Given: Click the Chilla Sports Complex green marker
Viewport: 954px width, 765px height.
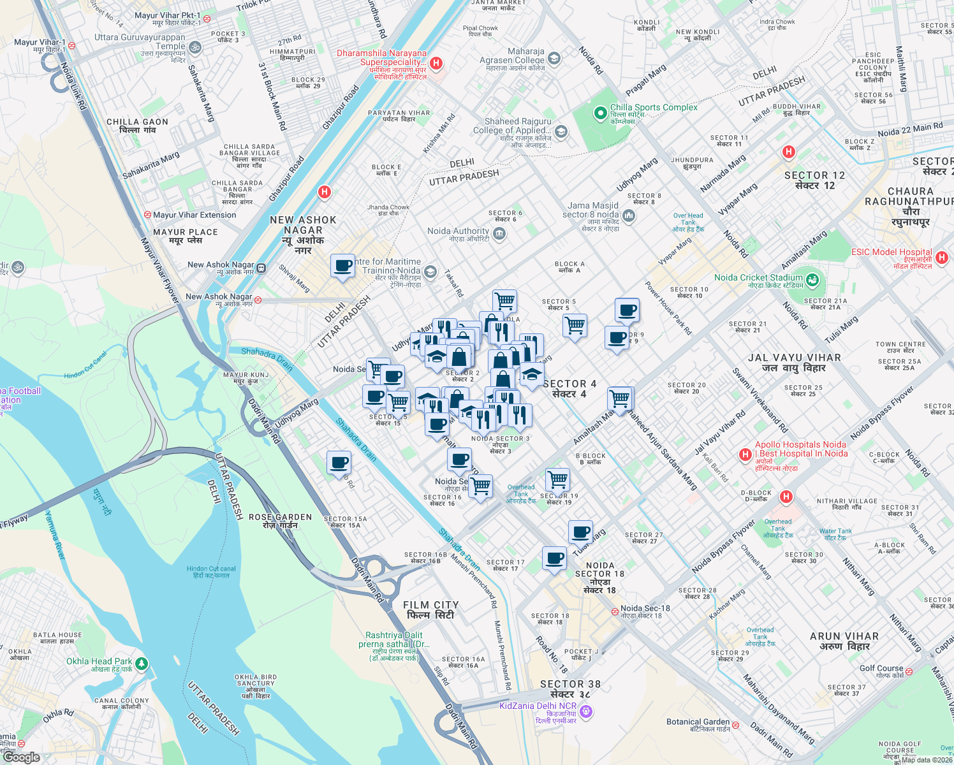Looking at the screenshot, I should [x=599, y=113].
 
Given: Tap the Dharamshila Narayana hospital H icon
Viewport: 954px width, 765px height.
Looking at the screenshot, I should [x=436, y=63].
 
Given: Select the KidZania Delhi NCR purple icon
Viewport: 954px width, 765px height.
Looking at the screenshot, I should [x=586, y=711].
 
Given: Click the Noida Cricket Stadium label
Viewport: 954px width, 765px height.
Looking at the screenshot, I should [x=758, y=277].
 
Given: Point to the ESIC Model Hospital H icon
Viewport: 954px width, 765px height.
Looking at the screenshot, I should [x=942, y=258].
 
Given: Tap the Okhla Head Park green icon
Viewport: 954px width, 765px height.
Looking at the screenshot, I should [x=142, y=664].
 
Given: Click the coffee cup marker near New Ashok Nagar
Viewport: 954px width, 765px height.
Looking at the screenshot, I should [x=342, y=265].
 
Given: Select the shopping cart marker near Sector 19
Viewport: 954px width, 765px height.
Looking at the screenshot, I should [x=557, y=479].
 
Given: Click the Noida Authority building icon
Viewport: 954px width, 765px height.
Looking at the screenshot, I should [x=499, y=234].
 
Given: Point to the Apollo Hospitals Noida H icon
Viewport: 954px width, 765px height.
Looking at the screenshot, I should [x=744, y=455].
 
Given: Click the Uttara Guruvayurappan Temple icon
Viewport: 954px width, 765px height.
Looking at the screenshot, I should [x=195, y=47].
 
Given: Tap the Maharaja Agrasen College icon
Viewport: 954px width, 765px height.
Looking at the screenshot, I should [x=554, y=59].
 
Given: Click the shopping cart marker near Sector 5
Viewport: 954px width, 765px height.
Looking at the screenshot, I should [x=575, y=326].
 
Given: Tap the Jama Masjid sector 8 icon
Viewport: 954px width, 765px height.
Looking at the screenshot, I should [x=629, y=216].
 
